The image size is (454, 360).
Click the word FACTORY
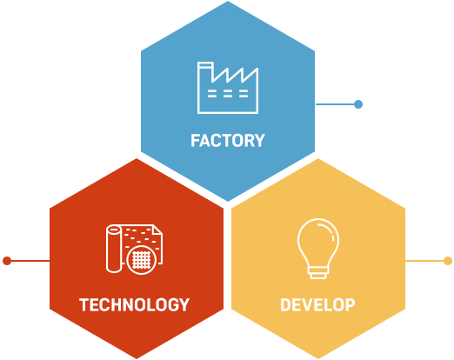(x=228, y=141)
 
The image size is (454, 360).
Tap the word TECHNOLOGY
(x=134, y=304)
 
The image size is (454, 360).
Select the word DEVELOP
(x=317, y=304)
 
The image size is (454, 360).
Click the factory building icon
(x=228, y=88)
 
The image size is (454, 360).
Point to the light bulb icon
(x=318, y=249)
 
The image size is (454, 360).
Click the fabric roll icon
(x=134, y=250)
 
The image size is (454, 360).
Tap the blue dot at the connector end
(x=358, y=104)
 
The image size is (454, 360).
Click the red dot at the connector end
(x=7, y=261)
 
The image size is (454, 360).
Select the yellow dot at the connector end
(x=448, y=261)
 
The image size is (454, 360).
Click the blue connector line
(x=335, y=104)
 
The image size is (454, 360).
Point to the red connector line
(x=30, y=261)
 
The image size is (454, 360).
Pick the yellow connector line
(x=424, y=261)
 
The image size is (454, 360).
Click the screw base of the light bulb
(x=318, y=273)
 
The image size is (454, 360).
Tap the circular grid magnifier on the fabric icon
(x=142, y=260)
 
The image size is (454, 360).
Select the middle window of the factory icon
(x=228, y=94)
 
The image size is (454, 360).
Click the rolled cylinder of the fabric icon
(x=114, y=249)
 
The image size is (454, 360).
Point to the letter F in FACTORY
(x=195, y=141)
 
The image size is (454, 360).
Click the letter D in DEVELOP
(x=285, y=304)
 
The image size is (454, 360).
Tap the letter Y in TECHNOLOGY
(x=184, y=304)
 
